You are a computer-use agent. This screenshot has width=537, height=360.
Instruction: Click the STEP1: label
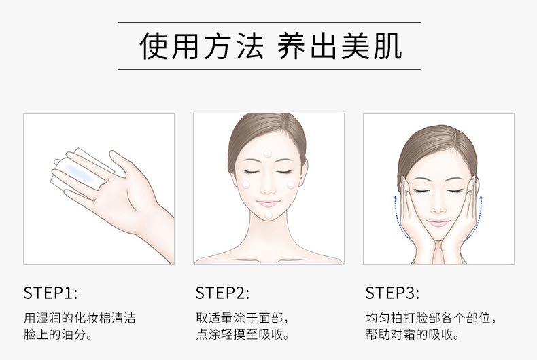(x=50, y=293)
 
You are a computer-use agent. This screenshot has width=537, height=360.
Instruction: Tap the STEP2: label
(x=222, y=293)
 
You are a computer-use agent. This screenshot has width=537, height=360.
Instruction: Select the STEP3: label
(x=392, y=293)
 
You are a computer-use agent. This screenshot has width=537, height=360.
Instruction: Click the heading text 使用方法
(x=201, y=46)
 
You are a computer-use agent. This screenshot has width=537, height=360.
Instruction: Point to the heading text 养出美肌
(x=339, y=46)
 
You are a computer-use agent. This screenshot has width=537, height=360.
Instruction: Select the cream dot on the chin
(x=268, y=215)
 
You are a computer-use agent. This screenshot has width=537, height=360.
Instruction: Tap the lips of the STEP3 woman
(x=438, y=223)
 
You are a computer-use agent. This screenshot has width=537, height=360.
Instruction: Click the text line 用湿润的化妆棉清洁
(x=80, y=318)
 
